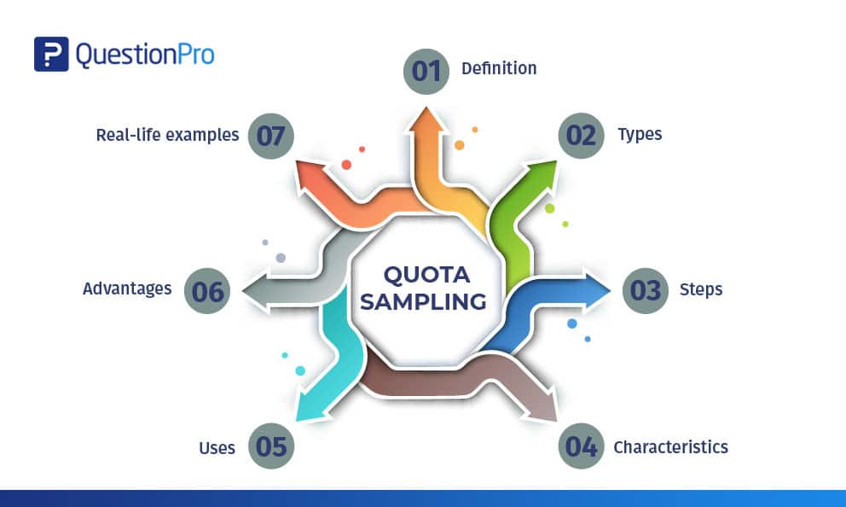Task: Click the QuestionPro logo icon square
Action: coord(51,54)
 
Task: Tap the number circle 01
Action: coord(426,72)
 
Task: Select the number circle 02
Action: coord(581,136)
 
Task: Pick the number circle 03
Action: coord(646,290)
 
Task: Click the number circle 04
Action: coord(581,446)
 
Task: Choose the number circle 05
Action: coord(271,446)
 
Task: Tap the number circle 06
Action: coord(207,290)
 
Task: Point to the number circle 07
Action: coord(271,136)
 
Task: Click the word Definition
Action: coord(499,68)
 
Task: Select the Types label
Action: coord(640,135)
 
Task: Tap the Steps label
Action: coord(701,290)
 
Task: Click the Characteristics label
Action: coord(670,447)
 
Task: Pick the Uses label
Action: coord(217,448)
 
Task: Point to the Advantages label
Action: coord(127,288)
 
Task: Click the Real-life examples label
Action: coord(167,135)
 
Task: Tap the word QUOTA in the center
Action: coord(426,275)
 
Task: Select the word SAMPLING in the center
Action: coord(424,301)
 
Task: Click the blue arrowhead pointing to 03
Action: coord(596,290)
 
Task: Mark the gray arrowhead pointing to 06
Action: coord(257,291)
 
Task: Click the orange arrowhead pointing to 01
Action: coord(426,119)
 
